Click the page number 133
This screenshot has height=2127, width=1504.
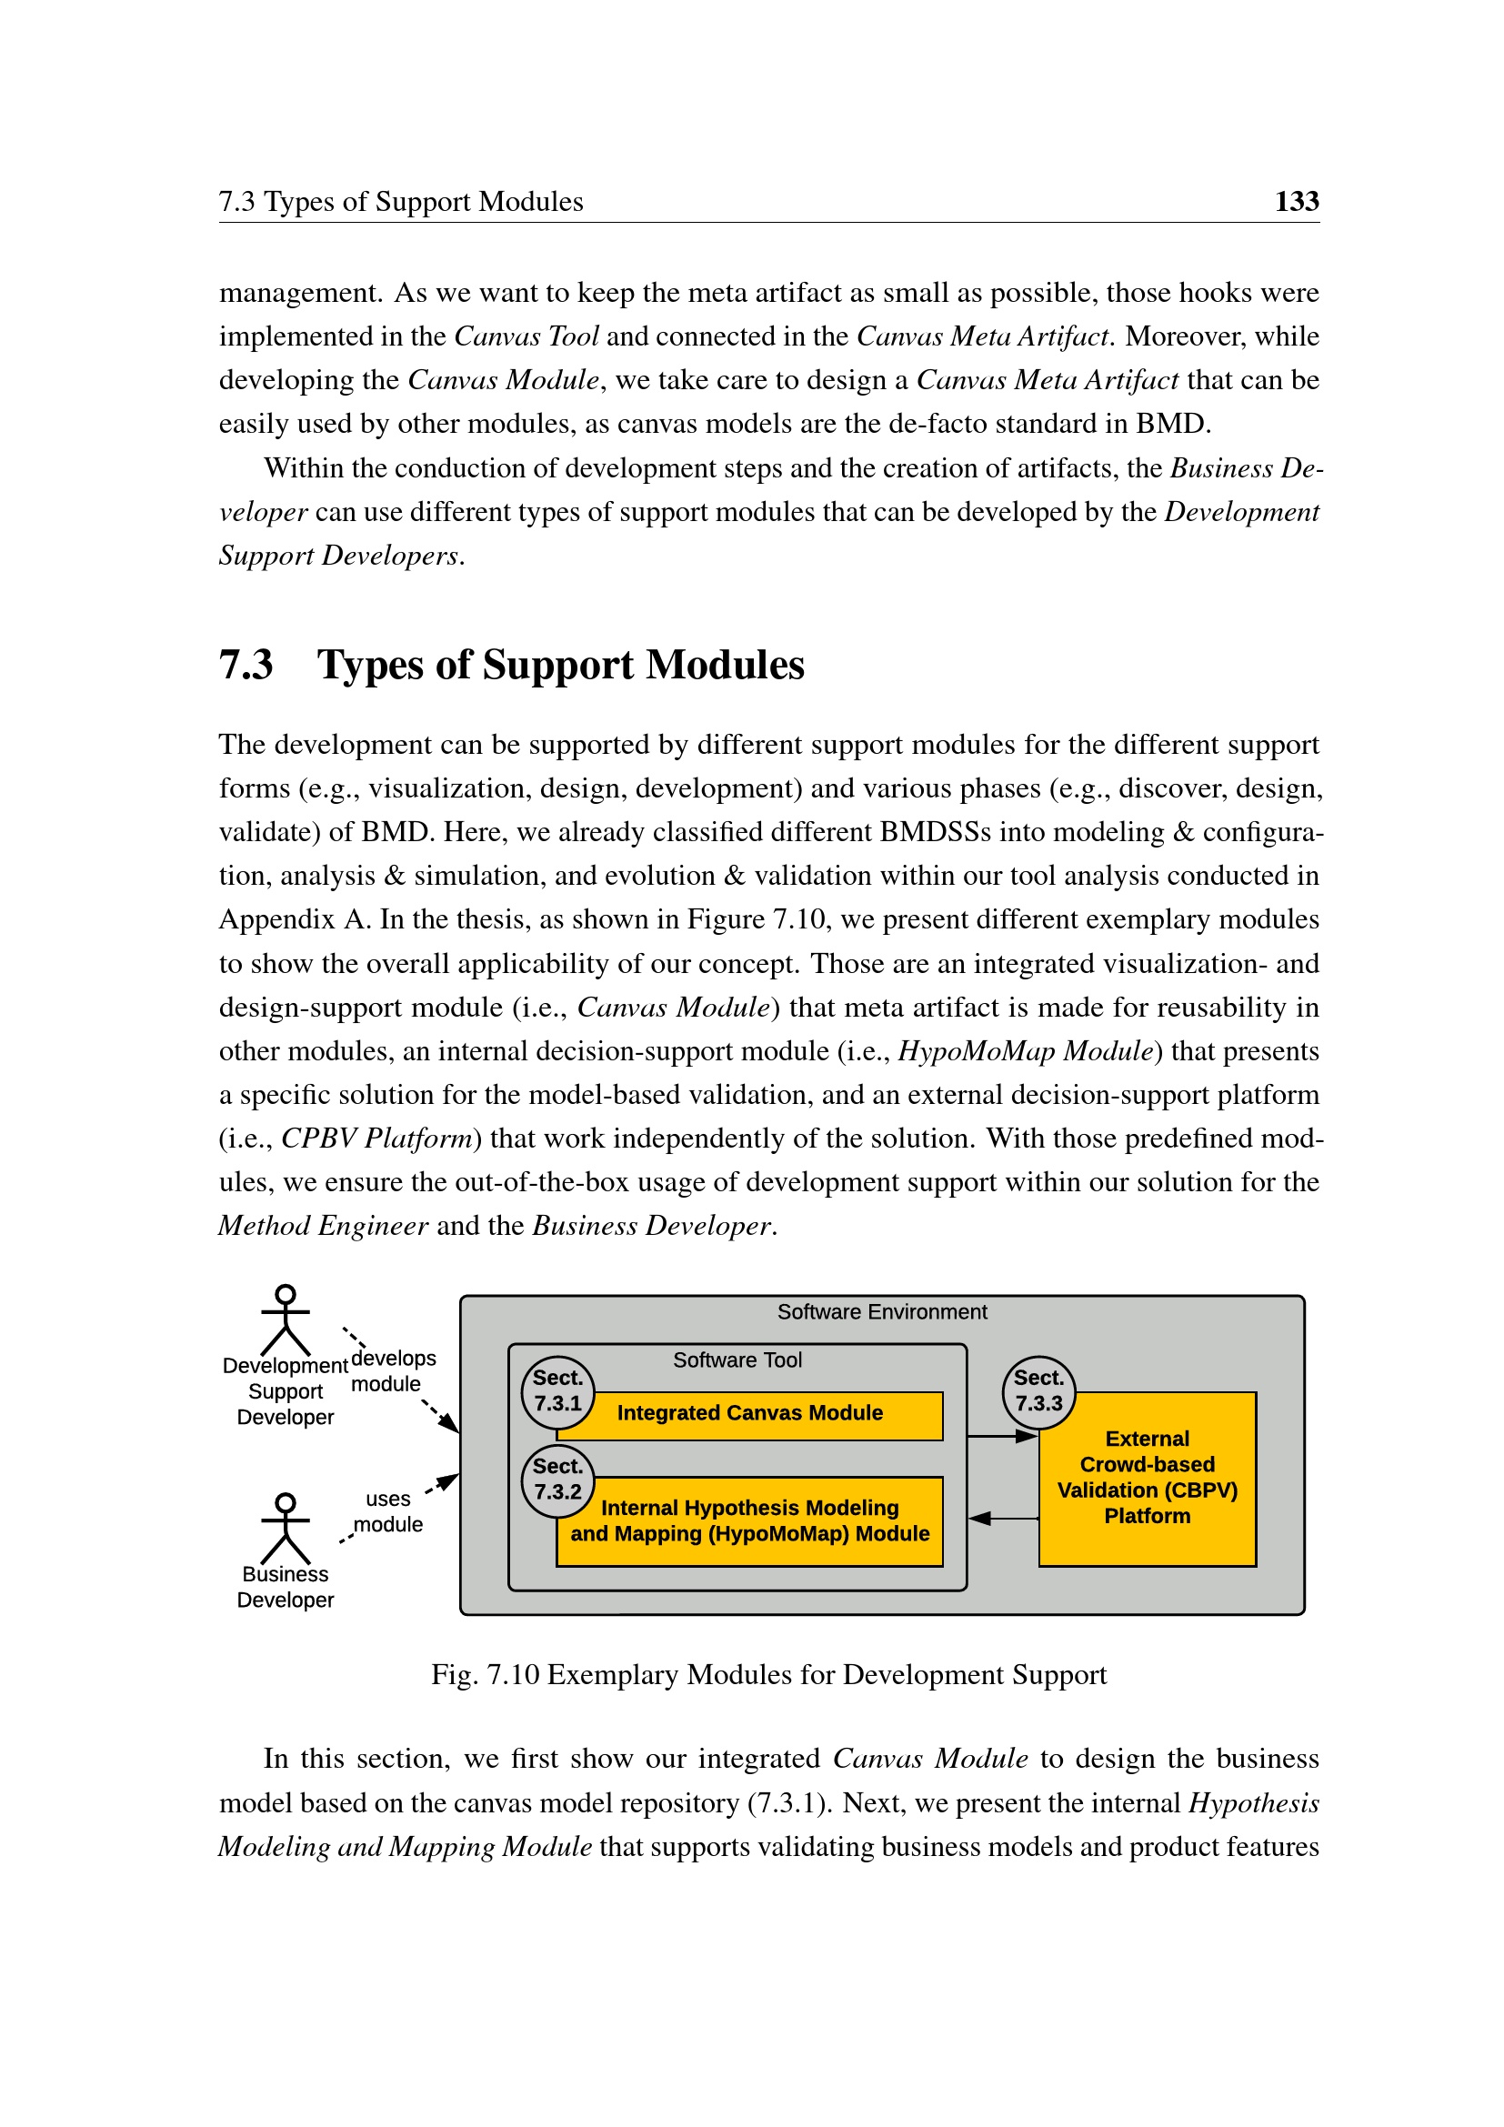click(1296, 201)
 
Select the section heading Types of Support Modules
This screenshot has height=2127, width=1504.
click(560, 665)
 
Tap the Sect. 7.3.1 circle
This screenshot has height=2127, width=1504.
click(557, 1391)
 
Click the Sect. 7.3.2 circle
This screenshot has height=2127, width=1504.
click(557, 1480)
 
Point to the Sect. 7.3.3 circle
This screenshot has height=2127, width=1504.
click(1038, 1391)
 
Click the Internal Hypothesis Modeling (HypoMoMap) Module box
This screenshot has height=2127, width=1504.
click(750, 1521)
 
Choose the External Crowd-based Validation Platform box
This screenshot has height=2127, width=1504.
click(1147, 1479)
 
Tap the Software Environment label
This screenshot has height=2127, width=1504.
click(882, 1312)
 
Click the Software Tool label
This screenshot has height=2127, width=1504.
click(737, 1359)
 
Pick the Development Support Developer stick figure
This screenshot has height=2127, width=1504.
click(286, 1321)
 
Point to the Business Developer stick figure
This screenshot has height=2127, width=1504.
click(286, 1529)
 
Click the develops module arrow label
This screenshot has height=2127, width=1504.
click(393, 1371)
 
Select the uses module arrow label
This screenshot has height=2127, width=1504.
click(388, 1511)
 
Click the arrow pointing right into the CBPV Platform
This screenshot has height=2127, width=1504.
click(1002, 1437)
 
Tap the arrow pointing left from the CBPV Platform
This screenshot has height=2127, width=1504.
click(1002, 1519)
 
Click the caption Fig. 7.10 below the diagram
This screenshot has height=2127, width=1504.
click(767, 1675)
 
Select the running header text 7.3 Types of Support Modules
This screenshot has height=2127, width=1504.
click(400, 202)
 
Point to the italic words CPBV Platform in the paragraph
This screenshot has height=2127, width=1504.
click(377, 1139)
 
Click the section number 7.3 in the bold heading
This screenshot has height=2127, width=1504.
click(246, 665)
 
